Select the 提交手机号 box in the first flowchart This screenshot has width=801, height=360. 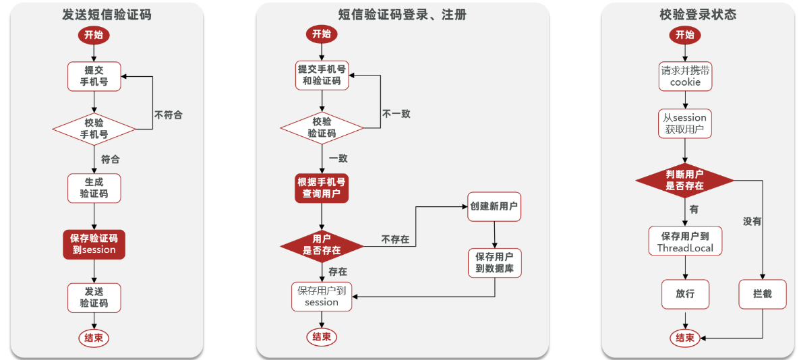point(94,76)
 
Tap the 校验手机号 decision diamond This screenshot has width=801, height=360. point(94,128)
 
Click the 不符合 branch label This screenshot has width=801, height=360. point(168,115)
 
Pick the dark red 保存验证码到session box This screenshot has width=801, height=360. point(94,243)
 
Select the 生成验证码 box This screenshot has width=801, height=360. point(94,188)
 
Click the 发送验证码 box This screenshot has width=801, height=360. point(94,297)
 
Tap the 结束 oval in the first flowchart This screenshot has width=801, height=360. point(94,338)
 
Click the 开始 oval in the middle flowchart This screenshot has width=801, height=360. point(322,34)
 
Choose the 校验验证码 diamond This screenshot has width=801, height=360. point(322,127)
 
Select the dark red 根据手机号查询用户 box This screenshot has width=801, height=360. point(322,188)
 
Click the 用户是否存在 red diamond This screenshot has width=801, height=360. point(322,244)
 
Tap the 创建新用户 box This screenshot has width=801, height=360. point(494,206)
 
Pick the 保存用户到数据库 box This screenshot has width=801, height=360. point(494,263)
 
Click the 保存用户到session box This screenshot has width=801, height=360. point(322,297)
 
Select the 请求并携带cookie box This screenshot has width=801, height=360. point(685,76)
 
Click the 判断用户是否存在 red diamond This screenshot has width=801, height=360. point(685,180)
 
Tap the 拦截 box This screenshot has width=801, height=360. point(762,294)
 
